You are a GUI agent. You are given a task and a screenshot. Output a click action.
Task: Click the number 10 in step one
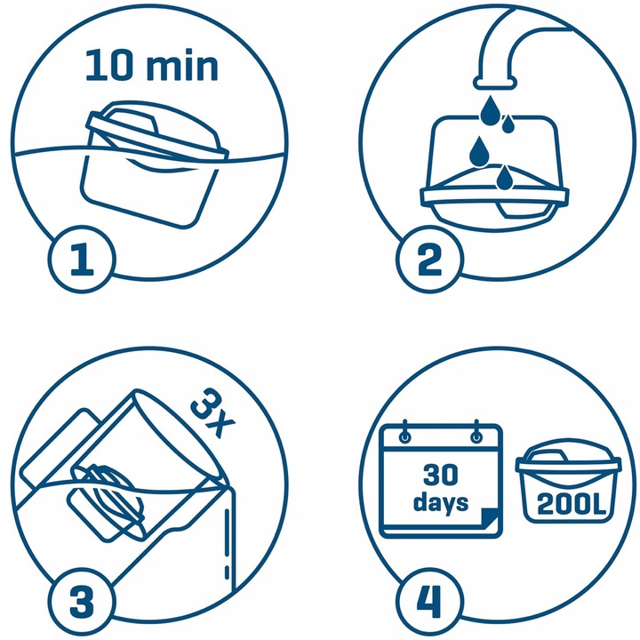[108, 67]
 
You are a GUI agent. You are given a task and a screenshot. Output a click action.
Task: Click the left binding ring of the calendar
[405, 434]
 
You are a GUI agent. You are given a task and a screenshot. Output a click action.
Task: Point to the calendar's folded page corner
[488, 525]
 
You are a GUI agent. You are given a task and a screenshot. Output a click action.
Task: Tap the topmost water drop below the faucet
[489, 108]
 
